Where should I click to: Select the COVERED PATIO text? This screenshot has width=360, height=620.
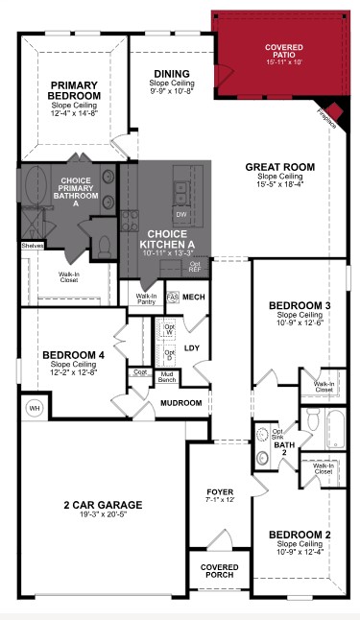pos(283,52)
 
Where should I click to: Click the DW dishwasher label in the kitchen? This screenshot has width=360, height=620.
pos(181,215)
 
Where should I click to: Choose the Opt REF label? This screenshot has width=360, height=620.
pos(195,266)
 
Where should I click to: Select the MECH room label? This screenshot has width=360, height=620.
pos(195,298)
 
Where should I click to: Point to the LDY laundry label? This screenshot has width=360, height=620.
pos(192,348)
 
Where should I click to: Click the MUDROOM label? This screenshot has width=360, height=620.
pos(181,403)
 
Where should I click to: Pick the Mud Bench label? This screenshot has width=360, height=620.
pos(167,378)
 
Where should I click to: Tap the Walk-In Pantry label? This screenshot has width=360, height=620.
pos(146,299)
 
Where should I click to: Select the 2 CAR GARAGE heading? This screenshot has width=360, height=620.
pos(103,504)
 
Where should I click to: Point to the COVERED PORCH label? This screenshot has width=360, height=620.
pos(220,571)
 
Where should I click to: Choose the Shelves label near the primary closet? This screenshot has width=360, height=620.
pos(33,246)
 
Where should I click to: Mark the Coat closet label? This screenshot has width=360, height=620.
pos(141,371)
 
